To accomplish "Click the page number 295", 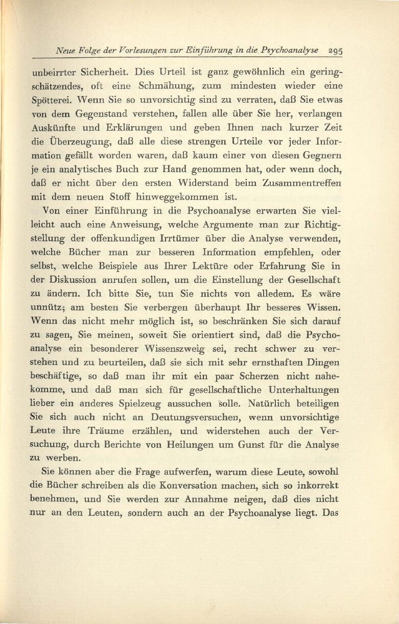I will click(335, 51).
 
